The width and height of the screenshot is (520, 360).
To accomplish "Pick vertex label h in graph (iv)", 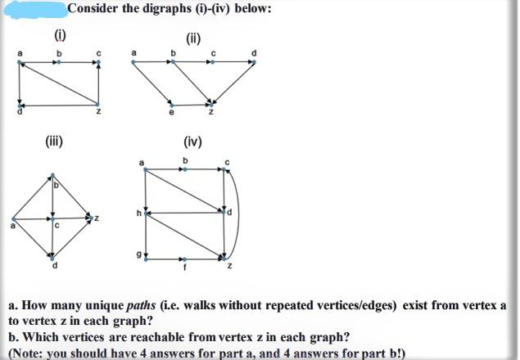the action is click(x=138, y=214).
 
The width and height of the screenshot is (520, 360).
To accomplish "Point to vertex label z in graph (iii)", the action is click(x=97, y=218).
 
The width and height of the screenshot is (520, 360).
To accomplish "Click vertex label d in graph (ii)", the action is click(x=255, y=54).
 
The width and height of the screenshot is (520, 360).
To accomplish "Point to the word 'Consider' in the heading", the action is click(x=94, y=9).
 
